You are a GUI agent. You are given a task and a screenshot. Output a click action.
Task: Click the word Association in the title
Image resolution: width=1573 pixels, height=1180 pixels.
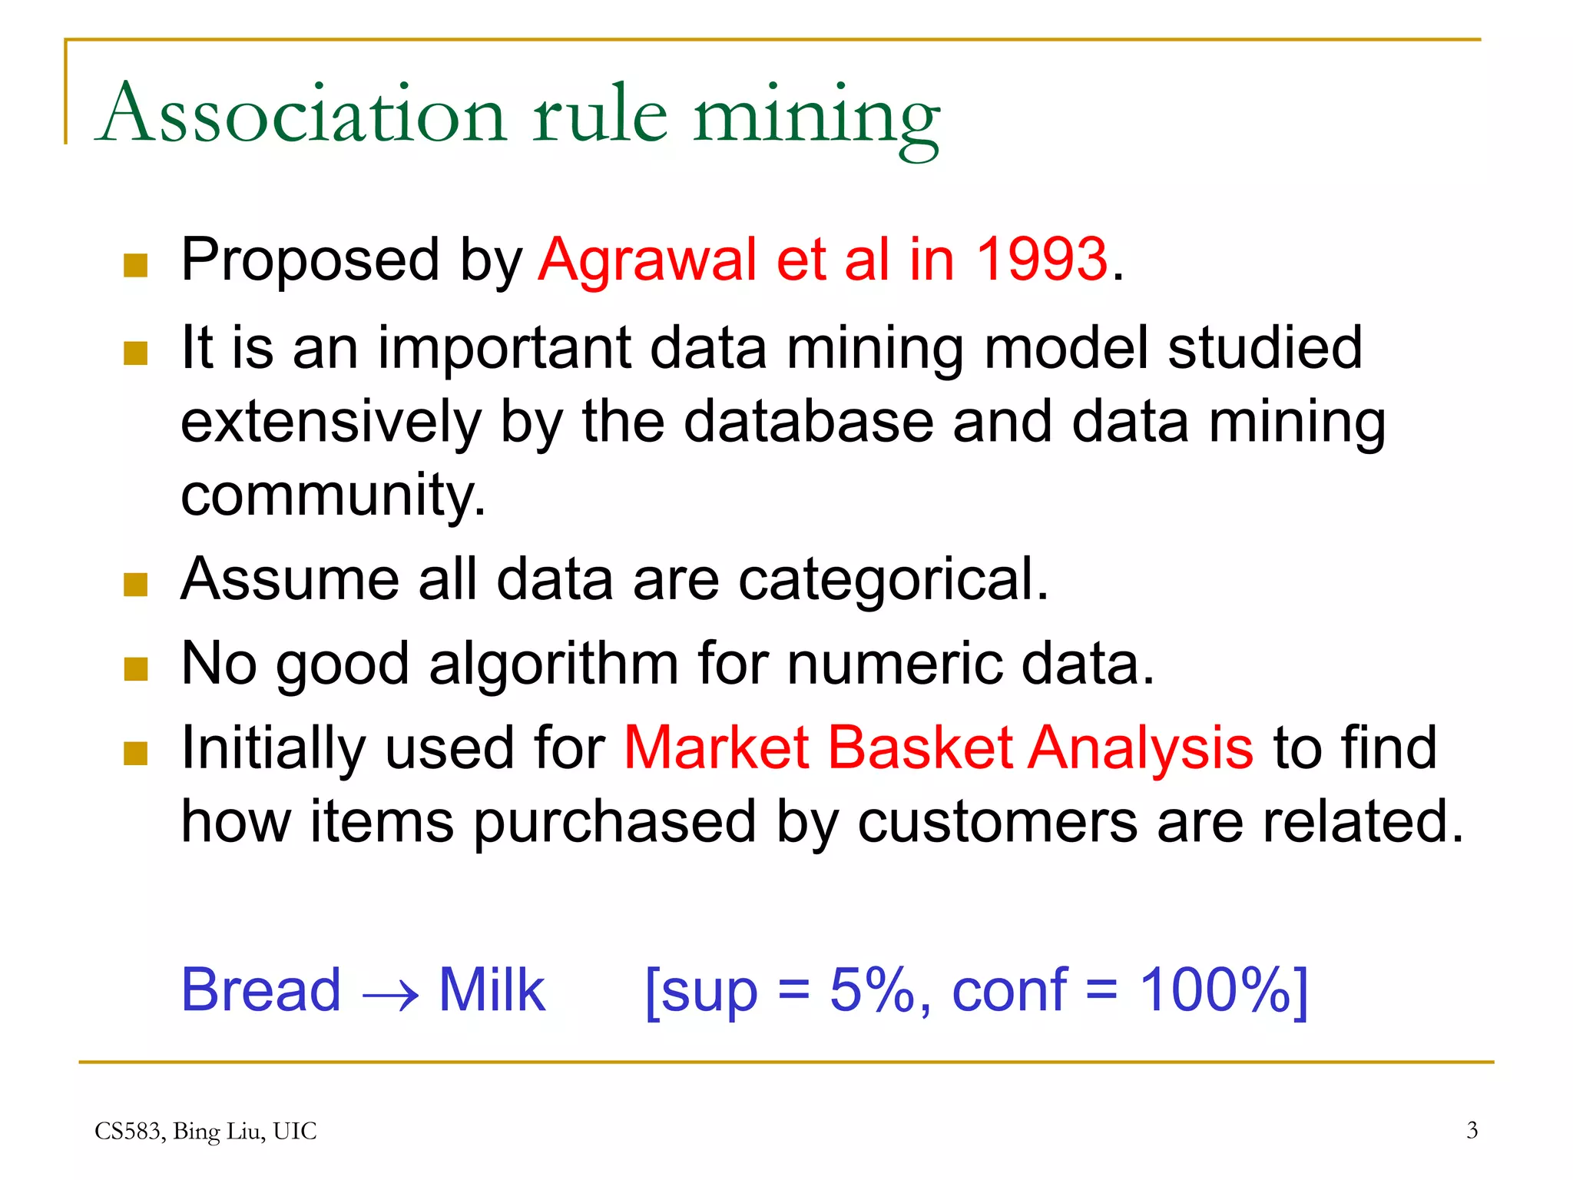tap(303, 115)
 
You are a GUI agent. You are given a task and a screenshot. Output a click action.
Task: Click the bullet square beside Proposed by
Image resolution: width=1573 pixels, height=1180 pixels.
tap(135, 265)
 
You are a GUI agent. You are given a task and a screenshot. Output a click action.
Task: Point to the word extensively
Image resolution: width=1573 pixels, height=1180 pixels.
tap(330, 422)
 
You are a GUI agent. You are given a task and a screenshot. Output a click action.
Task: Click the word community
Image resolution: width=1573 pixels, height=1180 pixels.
tap(332, 496)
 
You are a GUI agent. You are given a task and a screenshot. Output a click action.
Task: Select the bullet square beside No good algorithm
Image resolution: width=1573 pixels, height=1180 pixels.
tap(135, 668)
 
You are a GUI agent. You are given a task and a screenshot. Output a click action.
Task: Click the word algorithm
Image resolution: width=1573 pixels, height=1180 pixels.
tap(553, 664)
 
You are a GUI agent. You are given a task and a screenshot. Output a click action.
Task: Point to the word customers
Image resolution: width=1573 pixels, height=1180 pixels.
tap(997, 822)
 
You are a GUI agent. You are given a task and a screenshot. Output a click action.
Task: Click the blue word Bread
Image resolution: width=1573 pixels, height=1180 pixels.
tap(260, 990)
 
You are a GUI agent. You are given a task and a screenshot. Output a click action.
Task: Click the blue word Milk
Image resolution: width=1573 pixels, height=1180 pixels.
tap(492, 990)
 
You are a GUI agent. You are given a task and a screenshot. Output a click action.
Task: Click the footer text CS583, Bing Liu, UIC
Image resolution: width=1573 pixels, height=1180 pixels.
tap(205, 1131)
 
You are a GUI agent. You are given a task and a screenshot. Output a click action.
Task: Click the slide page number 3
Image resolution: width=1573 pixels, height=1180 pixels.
tap(1472, 1130)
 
